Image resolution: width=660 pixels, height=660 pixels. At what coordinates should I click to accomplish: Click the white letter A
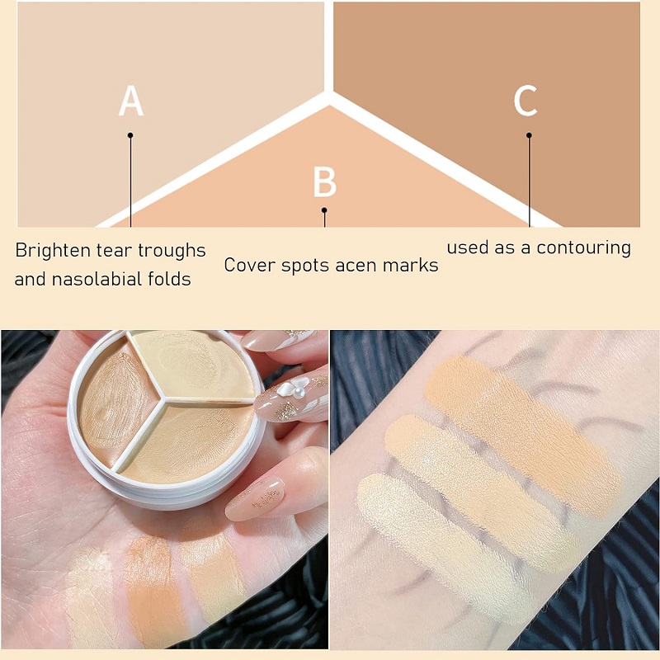[131, 101]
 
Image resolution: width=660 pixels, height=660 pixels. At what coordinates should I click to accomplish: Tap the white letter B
[325, 182]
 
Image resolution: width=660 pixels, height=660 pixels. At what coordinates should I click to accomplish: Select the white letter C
[526, 101]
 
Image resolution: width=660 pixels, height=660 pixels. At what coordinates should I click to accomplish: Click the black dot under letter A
[130, 135]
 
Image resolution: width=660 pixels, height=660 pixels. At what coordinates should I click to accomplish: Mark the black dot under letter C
[529, 135]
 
